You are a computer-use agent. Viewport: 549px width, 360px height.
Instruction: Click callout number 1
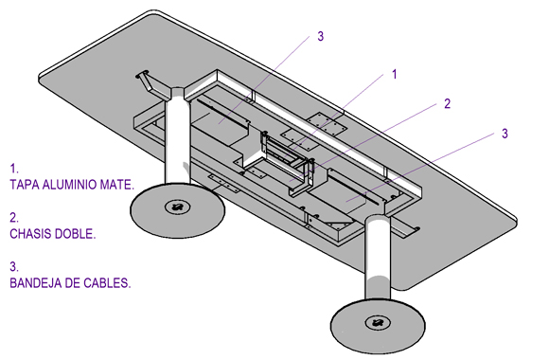click(395, 74)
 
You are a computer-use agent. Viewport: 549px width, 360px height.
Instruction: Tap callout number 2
click(447, 104)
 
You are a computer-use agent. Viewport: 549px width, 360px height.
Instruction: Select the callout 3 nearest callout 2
click(505, 134)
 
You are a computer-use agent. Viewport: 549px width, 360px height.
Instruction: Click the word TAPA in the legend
click(25, 185)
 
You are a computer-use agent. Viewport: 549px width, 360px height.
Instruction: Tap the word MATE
click(117, 185)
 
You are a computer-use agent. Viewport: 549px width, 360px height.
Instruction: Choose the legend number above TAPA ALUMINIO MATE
click(13, 169)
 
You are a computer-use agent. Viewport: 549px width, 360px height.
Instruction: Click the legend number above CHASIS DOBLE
click(14, 218)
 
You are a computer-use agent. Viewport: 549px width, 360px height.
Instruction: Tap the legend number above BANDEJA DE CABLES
click(14, 267)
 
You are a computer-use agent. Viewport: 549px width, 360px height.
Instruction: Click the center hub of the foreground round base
click(377, 323)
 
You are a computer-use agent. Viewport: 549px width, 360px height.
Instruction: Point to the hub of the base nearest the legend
click(178, 207)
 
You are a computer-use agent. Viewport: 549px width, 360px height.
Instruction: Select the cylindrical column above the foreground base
click(378, 261)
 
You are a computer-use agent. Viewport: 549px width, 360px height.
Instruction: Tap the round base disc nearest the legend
click(178, 209)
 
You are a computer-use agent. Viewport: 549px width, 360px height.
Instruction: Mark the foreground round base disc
click(378, 325)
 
